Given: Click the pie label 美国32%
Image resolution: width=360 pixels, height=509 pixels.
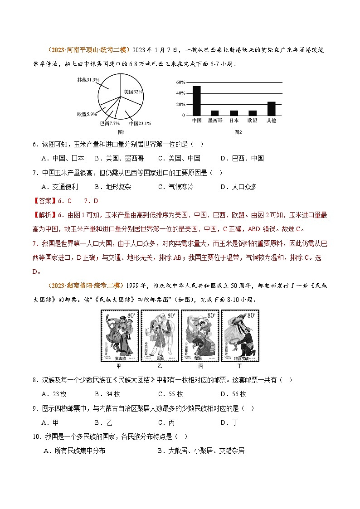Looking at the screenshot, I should coord(134,91).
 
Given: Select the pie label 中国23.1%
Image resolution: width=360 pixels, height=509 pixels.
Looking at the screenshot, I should coord(140,123).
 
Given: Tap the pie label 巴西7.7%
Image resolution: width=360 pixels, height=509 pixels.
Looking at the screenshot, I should coord(110,123).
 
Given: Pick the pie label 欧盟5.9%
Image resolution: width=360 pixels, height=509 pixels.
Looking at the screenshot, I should coord(87,114).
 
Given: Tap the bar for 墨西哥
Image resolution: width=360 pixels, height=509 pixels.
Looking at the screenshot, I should coord(214,113).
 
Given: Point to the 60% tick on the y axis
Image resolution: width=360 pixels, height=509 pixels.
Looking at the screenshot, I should coord(180,82).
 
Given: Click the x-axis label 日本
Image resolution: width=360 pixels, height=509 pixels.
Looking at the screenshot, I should coord(234,121).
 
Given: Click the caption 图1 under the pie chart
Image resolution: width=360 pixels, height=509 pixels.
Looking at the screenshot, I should coord(121,132).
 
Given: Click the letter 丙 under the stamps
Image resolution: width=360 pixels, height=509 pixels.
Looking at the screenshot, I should coord(200,365).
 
